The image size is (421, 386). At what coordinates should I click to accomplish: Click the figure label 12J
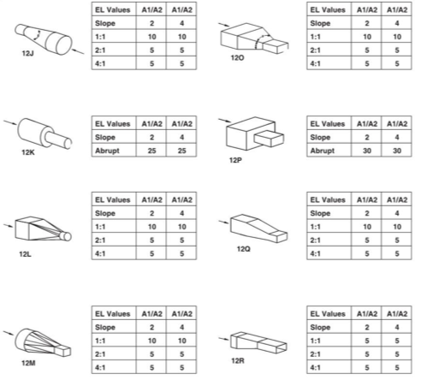click(x=27, y=53)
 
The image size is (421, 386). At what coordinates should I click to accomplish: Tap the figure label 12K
click(x=28, y=152)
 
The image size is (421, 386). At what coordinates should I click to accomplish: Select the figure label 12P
click(x=235, y=160)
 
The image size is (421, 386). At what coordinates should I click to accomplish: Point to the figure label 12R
click(x=238, y=360)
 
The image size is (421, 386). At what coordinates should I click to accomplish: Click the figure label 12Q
click(x=244, y=249)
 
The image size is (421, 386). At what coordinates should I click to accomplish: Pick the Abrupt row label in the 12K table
click(x=107, y=151)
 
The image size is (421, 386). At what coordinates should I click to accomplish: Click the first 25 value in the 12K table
click(x=151, y=151)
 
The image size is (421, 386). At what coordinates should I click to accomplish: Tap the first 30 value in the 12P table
click(x=367, y=151)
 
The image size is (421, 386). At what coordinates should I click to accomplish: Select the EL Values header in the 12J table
click(x=112, y=10)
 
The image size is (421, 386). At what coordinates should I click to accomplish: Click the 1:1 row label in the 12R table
click(x=315, y=341)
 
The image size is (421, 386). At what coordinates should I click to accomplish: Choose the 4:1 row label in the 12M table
click(x=100, y=367)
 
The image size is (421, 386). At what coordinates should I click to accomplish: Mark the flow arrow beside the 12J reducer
click(x=78, y=51)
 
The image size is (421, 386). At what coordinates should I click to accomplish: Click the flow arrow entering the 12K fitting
click(x=10, y=122)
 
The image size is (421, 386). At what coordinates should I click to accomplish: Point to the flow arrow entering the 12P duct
click(x=225, y=121)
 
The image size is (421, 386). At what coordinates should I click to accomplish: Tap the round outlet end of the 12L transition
click(x=67, y=236)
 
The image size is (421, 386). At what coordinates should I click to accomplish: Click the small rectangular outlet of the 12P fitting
click(x=269, y=139)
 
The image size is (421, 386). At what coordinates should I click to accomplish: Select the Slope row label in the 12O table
click(x=320, y=23)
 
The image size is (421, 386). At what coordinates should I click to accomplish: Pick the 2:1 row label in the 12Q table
click(x=315, y=240)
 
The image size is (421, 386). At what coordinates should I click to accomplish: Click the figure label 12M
click(x=28, y=363)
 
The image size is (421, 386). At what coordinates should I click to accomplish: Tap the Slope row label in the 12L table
click(x=105, y=213)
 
